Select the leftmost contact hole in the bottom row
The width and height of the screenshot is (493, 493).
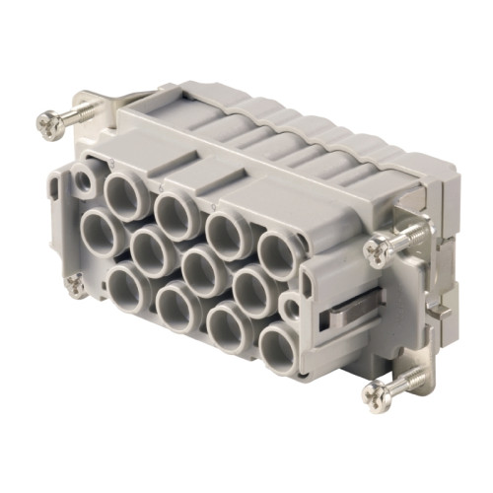pyautogui.click(x=128, y=290)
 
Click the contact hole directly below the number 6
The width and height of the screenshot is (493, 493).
pyautogui.click(x=176, y=207)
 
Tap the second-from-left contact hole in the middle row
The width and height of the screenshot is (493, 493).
pyautogui.click(x=149, y=253)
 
